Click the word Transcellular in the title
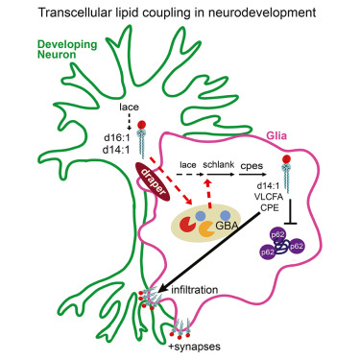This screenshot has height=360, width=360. [87, 12]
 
